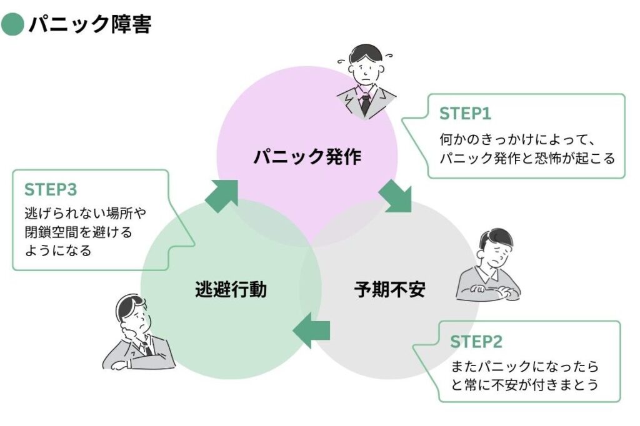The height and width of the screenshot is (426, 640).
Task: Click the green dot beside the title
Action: (x=12, y=24)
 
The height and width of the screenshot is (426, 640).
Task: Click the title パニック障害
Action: (x=89, y=24)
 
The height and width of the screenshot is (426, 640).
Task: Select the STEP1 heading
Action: (x=465, y=114)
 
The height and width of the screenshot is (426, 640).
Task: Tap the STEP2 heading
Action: (x=476, y=342)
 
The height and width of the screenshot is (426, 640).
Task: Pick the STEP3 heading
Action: (x=51, y=189)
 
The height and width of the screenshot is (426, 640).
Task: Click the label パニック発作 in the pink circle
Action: (x=307, y=156)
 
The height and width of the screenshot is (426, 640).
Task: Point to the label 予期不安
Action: (x=389, y=290)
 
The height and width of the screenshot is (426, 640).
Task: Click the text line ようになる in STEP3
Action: (x=58, y=250)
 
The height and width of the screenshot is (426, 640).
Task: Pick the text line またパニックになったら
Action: (x=524, y=365)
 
